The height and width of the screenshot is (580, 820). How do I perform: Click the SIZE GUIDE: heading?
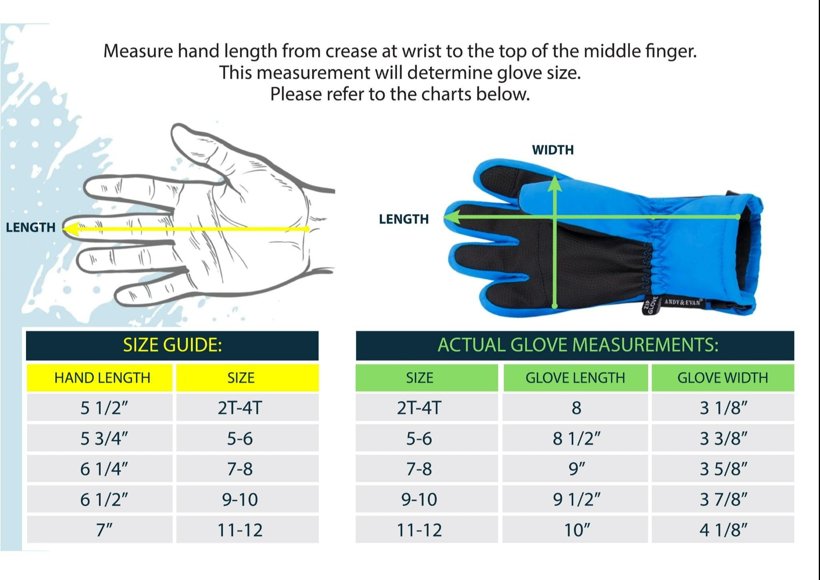(172, 345)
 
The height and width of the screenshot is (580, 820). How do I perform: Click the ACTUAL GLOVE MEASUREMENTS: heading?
(578, 345)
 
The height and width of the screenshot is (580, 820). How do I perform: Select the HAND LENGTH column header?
(102, 378)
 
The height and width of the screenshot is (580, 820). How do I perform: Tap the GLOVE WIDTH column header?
(722, 378)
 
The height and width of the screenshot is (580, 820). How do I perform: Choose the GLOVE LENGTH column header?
(575, 378)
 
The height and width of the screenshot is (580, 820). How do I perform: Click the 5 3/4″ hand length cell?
(104, 438)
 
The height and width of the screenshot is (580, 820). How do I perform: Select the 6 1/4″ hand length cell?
(104, 468)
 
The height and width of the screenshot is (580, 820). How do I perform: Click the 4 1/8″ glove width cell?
(723, 530)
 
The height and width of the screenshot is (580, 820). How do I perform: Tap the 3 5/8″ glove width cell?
(723, 468)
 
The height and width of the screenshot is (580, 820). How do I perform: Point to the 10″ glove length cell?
(577, 530)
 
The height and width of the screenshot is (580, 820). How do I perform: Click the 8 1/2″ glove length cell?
(577, 438)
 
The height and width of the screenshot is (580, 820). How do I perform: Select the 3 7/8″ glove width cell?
(723, 499)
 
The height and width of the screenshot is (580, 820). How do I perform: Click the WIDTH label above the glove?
(553, 150)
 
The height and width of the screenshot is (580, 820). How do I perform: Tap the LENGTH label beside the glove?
(404, 219)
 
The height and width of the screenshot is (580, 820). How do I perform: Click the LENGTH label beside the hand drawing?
(31, 227)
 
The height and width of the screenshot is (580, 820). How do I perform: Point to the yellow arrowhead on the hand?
(70, 229)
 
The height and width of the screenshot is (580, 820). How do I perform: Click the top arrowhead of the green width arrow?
(555, 183)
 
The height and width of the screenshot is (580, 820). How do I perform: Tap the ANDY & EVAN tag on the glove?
(683, 302)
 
